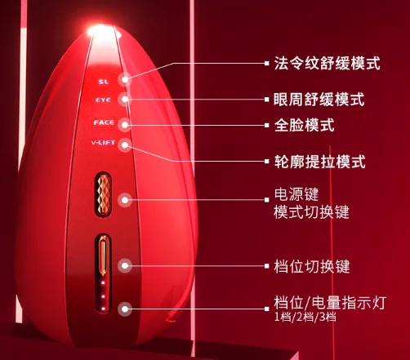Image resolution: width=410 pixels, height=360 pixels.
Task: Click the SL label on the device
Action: coord(104,82)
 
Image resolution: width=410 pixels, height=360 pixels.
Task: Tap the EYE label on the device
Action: coord(103,100)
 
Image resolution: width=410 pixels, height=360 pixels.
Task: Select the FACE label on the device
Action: coord(104,122)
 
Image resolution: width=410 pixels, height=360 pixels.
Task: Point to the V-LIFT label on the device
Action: coord(103,143)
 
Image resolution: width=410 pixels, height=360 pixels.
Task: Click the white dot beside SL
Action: coord(125,79)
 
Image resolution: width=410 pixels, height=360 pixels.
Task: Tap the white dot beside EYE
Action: coord(125,100)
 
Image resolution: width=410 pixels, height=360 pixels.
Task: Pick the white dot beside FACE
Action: coord(125,125)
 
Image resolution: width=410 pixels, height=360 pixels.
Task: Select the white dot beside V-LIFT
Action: coord(125,145)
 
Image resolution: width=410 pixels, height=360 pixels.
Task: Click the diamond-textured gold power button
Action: coord(104,194)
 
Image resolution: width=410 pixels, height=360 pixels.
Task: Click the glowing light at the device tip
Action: coord(100,30)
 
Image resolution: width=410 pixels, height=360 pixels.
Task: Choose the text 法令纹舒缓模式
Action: coord(327,64)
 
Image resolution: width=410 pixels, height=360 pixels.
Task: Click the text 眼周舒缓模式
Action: coord(319,99)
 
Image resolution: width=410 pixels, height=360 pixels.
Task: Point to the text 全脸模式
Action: coord(304,125)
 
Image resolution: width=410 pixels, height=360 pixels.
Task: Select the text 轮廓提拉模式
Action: coord(319,162)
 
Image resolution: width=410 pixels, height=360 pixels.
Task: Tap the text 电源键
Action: coord(296,194)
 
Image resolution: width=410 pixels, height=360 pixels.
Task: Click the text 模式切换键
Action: coord(311,212)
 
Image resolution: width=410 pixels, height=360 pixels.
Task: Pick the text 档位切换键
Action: coord(312,266)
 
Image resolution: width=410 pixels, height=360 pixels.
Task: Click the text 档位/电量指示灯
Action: coord(330,302)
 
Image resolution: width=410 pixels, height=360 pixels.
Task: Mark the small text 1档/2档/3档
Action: coord(305,317)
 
